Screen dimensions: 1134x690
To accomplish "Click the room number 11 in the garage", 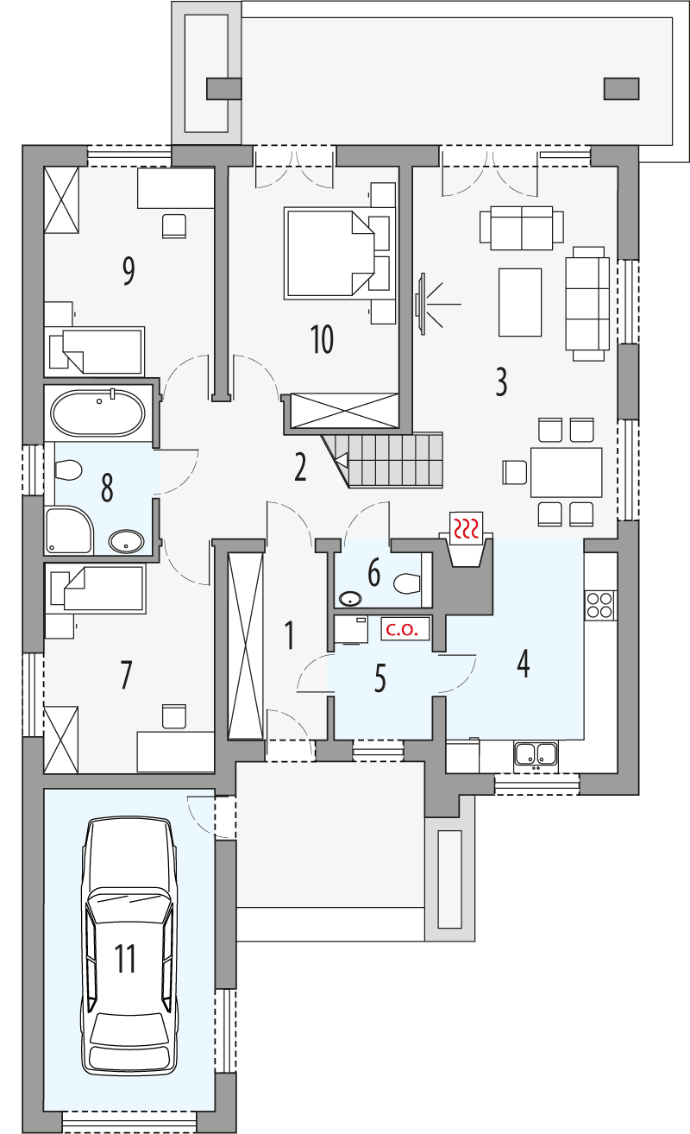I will pyautogui.click(x=126, y=959).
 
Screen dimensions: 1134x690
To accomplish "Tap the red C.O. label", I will pyautogui.click(x=401, y=630).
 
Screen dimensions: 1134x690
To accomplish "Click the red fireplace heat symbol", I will pyautogui.click(x=467, y=527).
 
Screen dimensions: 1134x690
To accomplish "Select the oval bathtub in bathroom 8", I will pyautogui.click(x=97, y=414).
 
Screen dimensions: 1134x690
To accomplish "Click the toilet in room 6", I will pyautogui.click(x=406, y=584).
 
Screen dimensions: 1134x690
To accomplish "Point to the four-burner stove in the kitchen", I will pyautogui.click(x=599, y=604).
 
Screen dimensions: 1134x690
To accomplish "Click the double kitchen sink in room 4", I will pyautogui.click(x=536, y=754).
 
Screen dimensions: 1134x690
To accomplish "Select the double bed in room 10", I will pyautogui.click(x=328, y=253).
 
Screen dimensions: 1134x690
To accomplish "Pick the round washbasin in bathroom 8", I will pyautogui.click(x=128, y=542).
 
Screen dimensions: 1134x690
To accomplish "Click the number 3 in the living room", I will pyautogui.click(x=501, y=381).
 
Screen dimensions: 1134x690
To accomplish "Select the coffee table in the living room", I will pyautogui.click(x=520, y=302).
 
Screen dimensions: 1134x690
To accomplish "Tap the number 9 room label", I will pyautogui.click(x=128, y=271).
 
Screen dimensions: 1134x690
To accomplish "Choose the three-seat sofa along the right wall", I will pyautogui.click(x=586, y=302).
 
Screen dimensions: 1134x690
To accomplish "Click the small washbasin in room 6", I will pyautogui.click(x=350, y=598).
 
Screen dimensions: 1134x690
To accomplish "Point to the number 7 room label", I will pyautogui.click(x=126, y=675).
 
